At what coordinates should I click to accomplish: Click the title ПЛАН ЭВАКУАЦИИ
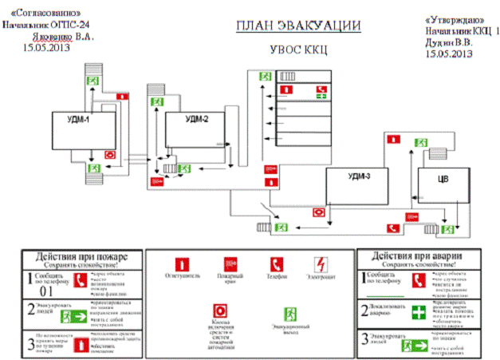tap(297, 26)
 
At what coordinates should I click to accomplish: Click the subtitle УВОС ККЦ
tap(298, 49)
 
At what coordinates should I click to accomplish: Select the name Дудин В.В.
tap(452, 42)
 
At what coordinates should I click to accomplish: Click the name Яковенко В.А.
tap(70, 37)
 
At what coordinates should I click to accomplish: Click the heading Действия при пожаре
tap(79, 255)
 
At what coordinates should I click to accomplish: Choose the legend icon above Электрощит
tap(319, 263)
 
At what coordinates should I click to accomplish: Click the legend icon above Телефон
tap(276, 263)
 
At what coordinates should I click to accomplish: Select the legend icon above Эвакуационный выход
tap(290, 314)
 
